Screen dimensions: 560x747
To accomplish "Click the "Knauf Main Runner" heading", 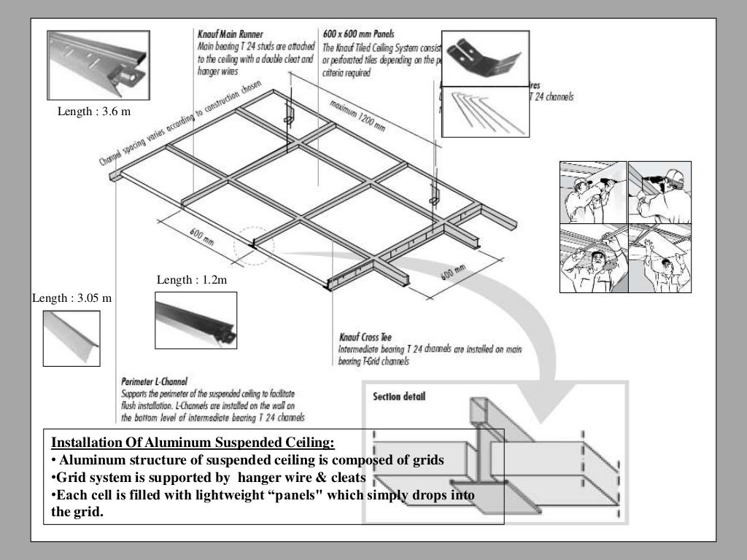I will (230, 34).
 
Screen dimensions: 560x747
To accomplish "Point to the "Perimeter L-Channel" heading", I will (154, 381).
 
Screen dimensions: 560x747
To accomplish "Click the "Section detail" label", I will (399, 397).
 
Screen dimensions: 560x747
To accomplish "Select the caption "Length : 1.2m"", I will (192, 280).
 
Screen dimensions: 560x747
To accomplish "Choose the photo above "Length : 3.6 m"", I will (98, 65).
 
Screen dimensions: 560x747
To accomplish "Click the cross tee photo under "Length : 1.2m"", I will (196, 320).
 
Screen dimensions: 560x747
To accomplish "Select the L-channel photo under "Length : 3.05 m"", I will (71, 338).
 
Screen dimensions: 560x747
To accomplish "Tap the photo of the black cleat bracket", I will (485, 58).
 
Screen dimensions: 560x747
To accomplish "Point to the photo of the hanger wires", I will (485, 113).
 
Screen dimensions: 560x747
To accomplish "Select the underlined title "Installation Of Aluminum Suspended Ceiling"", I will (193, 443).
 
